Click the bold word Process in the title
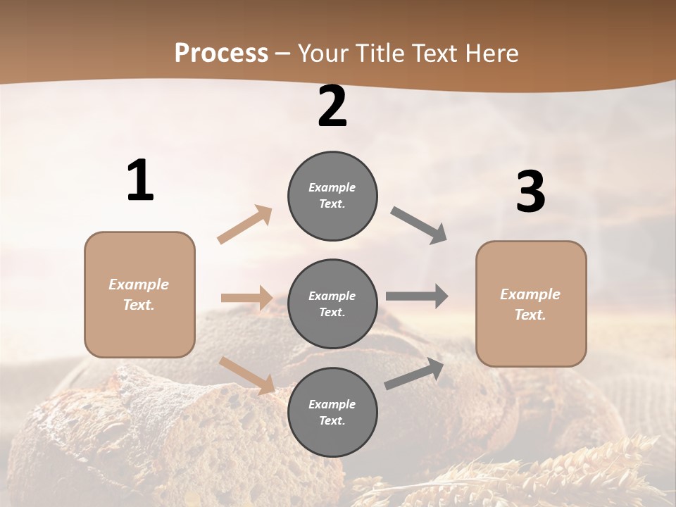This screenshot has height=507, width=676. tap(221, 54)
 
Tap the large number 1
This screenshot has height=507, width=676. tap(140, 181)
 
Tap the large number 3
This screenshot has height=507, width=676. tap(530, 192)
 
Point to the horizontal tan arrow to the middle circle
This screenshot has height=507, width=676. tap(246, 298)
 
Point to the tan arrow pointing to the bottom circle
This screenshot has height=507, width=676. tap(247, 375)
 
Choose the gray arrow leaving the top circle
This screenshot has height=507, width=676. tap(419, 225)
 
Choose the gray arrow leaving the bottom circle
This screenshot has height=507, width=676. tap(414, 373)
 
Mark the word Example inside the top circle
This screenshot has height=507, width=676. tap(332, 187)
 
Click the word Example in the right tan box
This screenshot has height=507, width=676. tap(530, 294)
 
